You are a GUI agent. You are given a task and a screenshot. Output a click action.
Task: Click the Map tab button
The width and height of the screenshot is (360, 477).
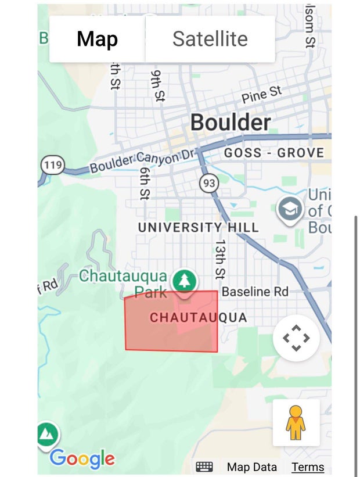click(x=97, y=39)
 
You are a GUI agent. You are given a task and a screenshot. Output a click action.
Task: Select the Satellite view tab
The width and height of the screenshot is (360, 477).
click(x=210, y=39)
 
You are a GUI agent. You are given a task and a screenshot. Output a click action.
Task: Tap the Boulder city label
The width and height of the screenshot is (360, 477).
click(x=231, y=123)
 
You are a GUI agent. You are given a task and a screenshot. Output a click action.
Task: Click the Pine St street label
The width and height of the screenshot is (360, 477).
click(x=261, y=94)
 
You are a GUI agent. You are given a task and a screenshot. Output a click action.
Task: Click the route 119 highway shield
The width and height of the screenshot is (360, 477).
click(x=52, y=164)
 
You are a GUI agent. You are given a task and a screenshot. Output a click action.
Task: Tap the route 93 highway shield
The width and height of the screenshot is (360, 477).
click(x=209, y=184)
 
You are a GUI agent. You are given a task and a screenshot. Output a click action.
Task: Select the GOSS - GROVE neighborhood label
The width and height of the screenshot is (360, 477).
click(x=273, y=153)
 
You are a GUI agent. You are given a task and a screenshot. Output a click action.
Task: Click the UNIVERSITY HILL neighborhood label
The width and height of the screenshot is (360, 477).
click(x=198, y=227)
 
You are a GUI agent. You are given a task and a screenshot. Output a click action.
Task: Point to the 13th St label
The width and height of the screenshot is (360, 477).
click(x=220, y=258)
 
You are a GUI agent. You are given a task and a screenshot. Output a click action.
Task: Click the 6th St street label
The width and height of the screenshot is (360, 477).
click(x=145, y=183)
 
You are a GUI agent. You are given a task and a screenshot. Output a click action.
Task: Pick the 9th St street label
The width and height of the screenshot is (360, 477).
click(x=157, y=85)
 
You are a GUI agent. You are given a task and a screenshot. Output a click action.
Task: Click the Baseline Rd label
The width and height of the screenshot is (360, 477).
click(x=255, y=291)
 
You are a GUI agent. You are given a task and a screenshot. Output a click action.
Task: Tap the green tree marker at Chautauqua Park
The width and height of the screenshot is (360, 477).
click(x=185, y=282)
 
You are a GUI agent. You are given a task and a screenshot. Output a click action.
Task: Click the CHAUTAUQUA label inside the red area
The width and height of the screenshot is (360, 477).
click(x=198, y=317)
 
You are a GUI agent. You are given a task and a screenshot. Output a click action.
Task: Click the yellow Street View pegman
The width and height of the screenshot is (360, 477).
click(x=296, y=423)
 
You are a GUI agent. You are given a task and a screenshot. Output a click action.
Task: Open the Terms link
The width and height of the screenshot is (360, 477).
click(x=308, y=467)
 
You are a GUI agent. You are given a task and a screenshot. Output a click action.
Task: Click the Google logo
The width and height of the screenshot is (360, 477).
click(x=82, y=458)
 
